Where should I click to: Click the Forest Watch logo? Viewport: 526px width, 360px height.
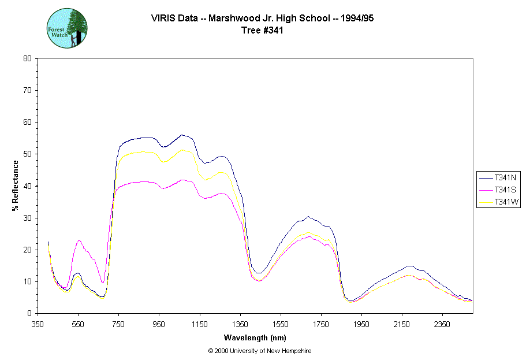click(x=67, y=28)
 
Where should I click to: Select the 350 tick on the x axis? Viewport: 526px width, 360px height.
click(x=38, y=324)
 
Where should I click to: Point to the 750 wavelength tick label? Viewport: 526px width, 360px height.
click(x=118, y=324)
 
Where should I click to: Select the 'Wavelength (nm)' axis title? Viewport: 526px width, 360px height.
click(x=255, y=338)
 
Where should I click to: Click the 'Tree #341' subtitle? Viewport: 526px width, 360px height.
click(x=263, y=31)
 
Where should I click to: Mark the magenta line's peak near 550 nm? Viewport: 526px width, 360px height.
click(x=79, y=240)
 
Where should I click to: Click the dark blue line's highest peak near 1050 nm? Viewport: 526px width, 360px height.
click(x=181, y=135)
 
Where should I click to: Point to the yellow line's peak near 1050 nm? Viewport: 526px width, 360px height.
click(x=182, y=150)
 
